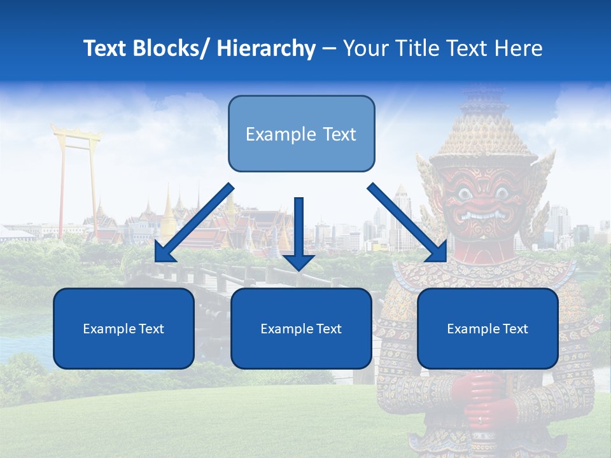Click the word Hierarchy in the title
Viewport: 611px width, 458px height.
click(266, 48)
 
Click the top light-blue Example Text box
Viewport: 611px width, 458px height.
click(301, 134)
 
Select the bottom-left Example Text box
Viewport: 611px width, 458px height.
click(123, 328)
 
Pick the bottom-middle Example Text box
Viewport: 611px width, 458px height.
click(301, 328)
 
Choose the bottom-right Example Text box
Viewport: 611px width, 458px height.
click(488, 328)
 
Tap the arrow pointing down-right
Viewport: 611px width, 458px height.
click(407, 223)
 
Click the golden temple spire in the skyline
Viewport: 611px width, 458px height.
click(168, 210)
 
